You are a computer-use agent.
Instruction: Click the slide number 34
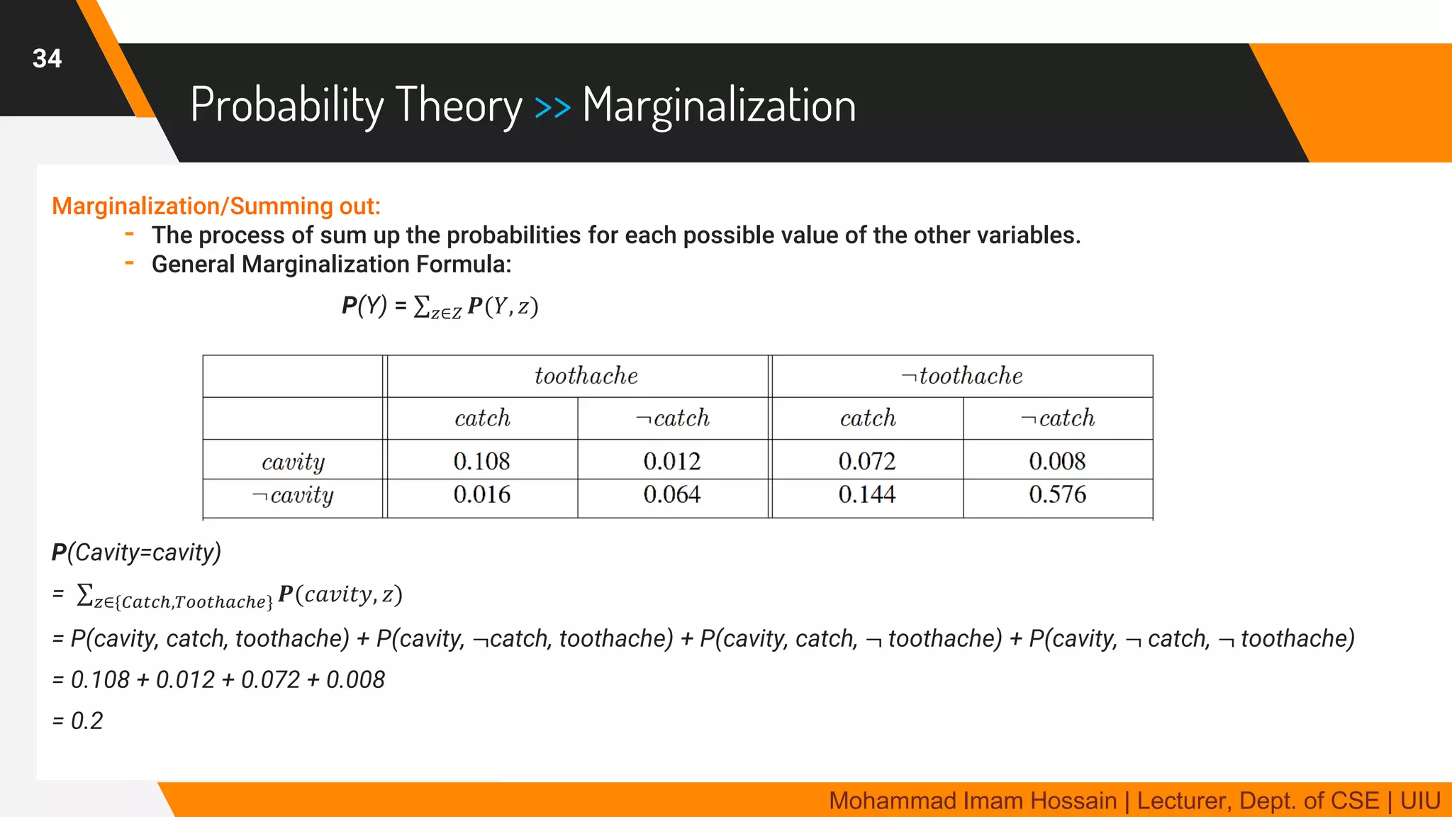pos(47,58)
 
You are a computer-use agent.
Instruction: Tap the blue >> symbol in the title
pos(552,108)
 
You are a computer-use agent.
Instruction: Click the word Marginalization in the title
pos(719,106)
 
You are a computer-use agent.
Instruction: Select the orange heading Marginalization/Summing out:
pos(216,206)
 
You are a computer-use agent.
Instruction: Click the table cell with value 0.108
pos(482,461)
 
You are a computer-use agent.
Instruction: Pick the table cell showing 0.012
pos(672,461)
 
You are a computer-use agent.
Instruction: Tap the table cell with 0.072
pos(867,461)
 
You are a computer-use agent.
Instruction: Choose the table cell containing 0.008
pos(1057,461)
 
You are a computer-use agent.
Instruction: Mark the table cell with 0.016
pos(482,494)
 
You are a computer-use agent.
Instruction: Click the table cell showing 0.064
pos(672,494)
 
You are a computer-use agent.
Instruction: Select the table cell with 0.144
pos(867,494)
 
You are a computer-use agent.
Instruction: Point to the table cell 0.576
pos(1057,494)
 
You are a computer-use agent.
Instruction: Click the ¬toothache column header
pos(962,376)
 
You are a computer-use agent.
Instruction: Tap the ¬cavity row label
pos(293,495)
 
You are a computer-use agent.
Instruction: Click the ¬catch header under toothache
pos(673,418)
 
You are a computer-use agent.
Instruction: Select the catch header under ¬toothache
pos(868,418)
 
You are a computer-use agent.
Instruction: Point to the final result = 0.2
pos(78,721)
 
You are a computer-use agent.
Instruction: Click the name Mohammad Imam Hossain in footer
pos(973,801)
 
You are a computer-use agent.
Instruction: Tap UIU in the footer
pos(1420,801)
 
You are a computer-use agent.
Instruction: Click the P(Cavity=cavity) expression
pos(137,552)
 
